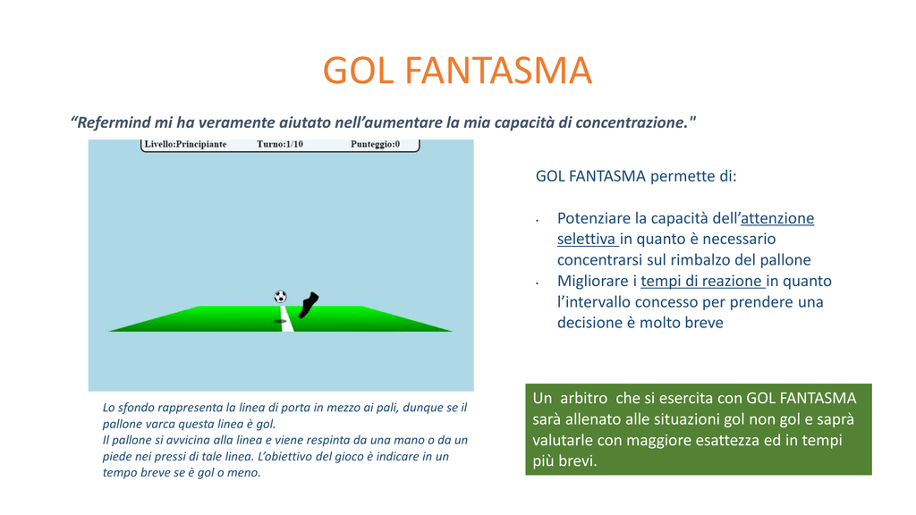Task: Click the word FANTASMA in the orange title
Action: [x=498, y=71]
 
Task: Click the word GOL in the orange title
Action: [x=358, y=71]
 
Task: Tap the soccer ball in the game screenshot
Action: [x=280, y=297]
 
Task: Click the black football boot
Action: [x=308, y=305]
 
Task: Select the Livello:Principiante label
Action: [x=186, y=144]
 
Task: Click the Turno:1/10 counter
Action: [x=280, y=144]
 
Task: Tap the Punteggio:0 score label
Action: [x=375, y=144]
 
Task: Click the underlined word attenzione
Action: [x=777, y=218]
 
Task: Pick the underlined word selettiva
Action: [x=587, y=240]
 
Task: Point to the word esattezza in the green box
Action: [x=734, y=440]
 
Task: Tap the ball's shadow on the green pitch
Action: [x=280, y=321]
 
